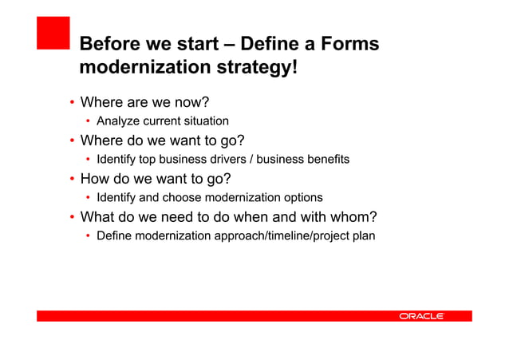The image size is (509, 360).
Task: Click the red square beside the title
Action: [53, 34]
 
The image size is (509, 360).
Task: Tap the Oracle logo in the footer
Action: [421, 316]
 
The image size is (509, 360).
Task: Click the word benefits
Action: [326, 160]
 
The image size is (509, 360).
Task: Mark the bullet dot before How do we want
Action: [71, 180]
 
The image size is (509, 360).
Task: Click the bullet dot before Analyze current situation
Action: [89, 122]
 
